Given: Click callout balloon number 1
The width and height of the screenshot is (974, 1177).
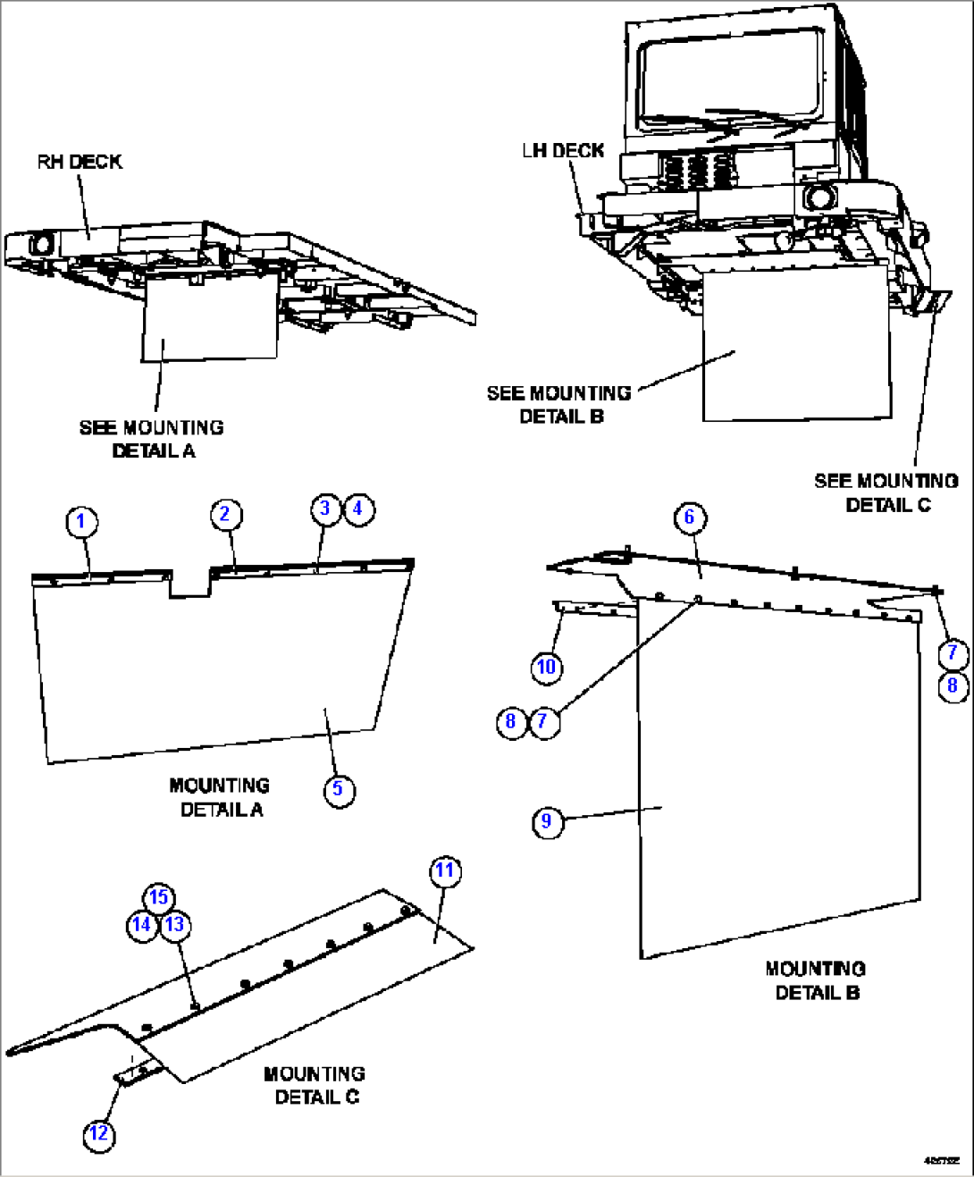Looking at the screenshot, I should tap(81, 522).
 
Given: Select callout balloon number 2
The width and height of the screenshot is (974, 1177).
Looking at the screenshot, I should tap(225, 514).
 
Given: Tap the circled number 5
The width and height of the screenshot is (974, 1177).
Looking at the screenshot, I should tap(338, 789).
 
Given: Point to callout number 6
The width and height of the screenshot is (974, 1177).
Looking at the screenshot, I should tap(689, 517).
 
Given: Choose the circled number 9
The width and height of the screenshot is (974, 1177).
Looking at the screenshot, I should tap(547, 821).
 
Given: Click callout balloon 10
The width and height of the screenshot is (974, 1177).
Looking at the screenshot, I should tap(546, 667).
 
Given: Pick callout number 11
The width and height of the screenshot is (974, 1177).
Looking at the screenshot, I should tap(445, 870).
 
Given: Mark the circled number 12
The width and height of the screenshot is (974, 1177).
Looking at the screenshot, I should tap(98, 1134).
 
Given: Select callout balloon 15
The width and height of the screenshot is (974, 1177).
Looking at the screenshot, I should tap(158, 897).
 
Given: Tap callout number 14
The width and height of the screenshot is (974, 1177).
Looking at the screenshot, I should tap(141, 925).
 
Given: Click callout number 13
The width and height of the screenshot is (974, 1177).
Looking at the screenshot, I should tap(175, 925).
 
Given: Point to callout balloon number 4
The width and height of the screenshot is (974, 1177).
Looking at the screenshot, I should tap(358, 509).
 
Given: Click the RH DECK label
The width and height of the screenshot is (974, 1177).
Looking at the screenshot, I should tap(80, 162).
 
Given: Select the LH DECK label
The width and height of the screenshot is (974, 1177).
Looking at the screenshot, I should tap(563, 151).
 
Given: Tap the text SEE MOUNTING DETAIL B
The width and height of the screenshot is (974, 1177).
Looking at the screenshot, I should tap(559, 405).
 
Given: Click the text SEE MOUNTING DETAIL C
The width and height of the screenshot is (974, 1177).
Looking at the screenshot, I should tap(886, 492).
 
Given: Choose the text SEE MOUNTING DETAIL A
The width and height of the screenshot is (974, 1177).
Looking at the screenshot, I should tap(152, 439).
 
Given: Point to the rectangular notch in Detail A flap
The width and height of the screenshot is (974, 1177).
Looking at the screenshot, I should tap(189, 582).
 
